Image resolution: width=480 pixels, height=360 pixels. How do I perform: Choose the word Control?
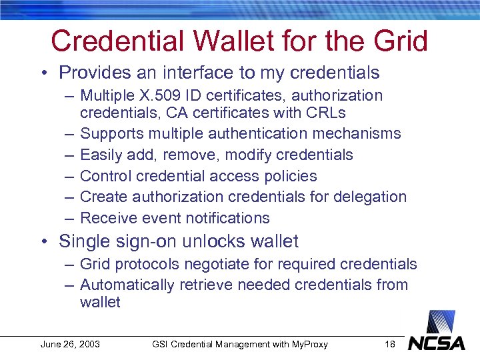pyautogui.click(x=105, y=176)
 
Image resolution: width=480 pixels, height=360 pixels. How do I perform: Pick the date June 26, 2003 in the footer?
pyautogui.click(x=70, y=344)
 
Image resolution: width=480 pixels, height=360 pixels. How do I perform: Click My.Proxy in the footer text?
pyautogui.click(x=307, y=344)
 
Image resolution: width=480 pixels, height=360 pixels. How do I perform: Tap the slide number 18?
pyautogui.click(x=391, y=344)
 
